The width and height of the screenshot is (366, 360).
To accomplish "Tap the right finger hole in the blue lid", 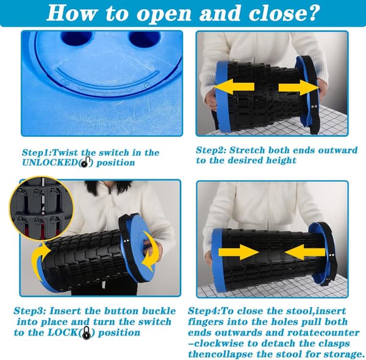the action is click(145, 38).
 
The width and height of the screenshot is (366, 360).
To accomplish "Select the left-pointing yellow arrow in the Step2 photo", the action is click(234, 87).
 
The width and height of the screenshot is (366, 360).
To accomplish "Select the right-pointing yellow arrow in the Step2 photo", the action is click(299, 87).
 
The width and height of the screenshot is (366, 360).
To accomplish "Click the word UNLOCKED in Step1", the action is click(50, 162).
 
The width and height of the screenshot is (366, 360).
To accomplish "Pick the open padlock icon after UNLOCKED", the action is click(84, 162).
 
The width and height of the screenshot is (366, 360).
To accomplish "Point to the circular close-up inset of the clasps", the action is click(41, 209).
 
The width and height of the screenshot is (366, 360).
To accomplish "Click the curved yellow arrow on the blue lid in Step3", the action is click(148, 251).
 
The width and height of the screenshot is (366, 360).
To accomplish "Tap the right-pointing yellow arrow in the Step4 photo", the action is click(239, 252).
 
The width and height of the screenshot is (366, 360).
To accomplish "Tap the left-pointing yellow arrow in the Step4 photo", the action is click(304, 252).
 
